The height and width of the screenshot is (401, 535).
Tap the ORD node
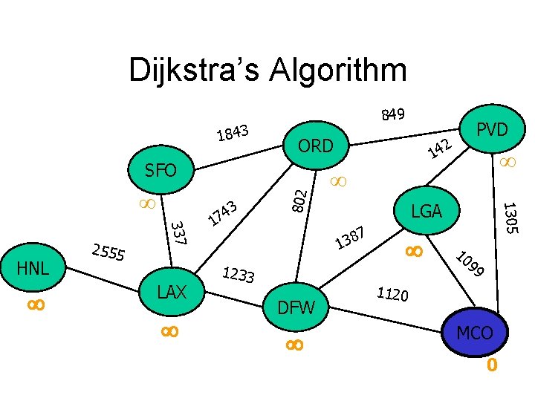point(316,146)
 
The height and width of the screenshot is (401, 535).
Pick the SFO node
point(160,171)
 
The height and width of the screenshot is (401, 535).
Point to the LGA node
point(427,212)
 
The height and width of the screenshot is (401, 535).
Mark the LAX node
point(172,292)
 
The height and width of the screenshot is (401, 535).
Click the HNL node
point(33,267)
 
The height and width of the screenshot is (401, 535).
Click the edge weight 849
point(392,114)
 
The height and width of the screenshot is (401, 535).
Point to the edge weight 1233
point(239,276)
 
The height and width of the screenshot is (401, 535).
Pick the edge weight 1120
point(392,295)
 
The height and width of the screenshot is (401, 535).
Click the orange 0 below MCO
point(491,365)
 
